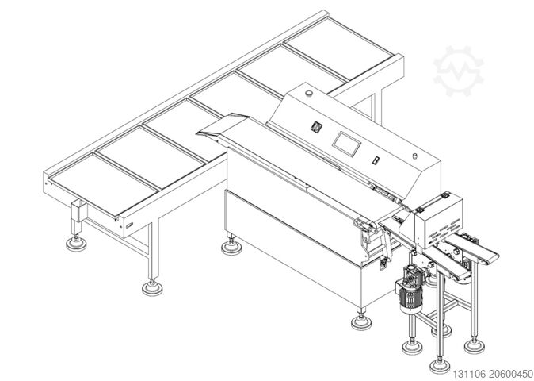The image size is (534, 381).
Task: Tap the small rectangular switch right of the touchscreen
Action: [x=375, y=161]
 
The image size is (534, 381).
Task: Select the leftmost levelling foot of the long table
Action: [x=78, y=243]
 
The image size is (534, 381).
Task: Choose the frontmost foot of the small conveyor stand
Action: [x=436, y=365]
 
